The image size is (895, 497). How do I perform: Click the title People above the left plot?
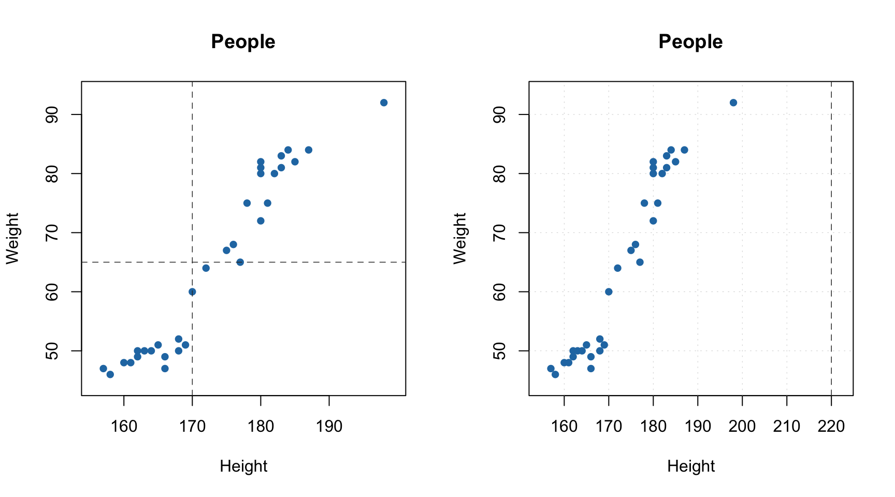(243, 42)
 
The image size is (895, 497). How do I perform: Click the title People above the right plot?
(690, 42)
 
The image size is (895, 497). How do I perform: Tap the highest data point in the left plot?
(384, 103)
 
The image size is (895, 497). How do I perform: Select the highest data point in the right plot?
(733, 103)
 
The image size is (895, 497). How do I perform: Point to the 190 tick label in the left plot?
(329, 427)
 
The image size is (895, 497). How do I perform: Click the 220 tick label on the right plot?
(831, 427)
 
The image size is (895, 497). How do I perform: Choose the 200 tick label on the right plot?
(742, 427)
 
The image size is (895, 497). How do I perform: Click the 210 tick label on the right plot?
(787, 427)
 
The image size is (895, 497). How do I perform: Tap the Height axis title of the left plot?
(243, 466)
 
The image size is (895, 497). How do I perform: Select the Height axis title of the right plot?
(691, 466)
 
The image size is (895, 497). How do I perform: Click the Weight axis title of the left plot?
(12, 238)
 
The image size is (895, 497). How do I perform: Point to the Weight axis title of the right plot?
(460, 238)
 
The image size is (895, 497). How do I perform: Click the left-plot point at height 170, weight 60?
(192, 292)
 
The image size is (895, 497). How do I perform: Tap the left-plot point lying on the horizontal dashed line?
(240, 262)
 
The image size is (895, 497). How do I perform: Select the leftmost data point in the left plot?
(103, 369)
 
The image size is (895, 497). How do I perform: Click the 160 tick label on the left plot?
(124, 427)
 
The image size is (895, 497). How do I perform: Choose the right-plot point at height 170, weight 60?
(609, 292)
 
